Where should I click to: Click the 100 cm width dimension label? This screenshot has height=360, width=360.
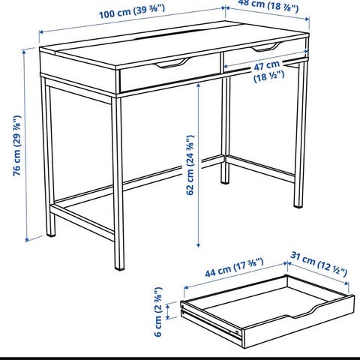click(x=132, y=11)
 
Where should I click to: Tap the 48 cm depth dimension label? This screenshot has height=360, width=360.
click(x=268, y=5)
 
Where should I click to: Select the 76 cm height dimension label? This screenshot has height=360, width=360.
click(x=17, y=145)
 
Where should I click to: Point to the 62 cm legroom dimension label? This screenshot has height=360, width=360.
click(x=190, y=165)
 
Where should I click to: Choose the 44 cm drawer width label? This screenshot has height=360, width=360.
click(x=234, y=268)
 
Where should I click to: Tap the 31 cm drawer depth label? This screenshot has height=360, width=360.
click(x=319, y=264)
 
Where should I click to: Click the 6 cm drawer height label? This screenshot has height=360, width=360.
click(x=158, y=312)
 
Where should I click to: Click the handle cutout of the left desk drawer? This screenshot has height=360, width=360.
click(x=172, y=63)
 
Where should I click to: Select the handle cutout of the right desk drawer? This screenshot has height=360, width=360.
click(x=266, y=47)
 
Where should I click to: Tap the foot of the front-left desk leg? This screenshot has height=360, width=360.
click(x=51, y=234)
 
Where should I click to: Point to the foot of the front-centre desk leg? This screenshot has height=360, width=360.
click(x=119, y=268)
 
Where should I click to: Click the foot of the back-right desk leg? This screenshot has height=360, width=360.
click(x=298, y=205)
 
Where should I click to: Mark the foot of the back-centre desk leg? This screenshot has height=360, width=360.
click(x=225, y=181)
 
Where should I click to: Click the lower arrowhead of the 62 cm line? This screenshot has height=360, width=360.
click(x=198, y=244)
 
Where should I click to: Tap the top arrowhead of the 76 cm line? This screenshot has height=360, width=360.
click(x=24, y=52)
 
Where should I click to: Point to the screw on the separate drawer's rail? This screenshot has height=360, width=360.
click(x=237, y=332)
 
